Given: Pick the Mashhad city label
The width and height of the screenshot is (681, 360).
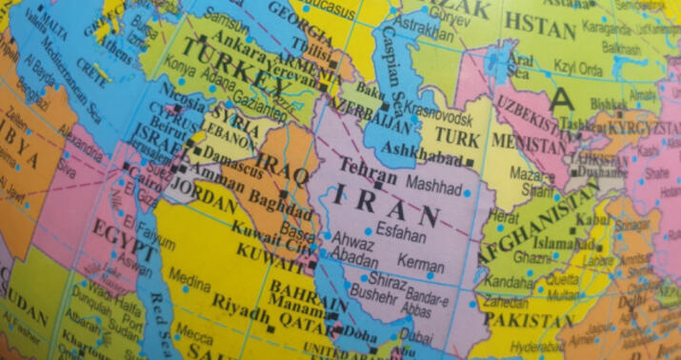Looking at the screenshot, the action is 434,181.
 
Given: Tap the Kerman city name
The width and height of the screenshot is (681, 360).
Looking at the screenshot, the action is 420,259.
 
